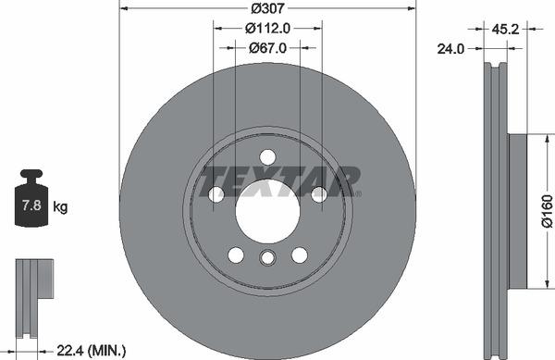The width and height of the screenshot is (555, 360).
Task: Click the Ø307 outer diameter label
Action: pyautogui.click(x=267, y=8)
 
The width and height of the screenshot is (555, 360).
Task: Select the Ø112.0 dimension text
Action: pyautogui.click(x=268, y=28)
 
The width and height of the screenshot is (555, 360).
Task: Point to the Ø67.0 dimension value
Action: pyautogui.click(x=268, y=48)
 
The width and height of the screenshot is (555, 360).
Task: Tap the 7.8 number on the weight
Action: pyautogui.click(x=31, y=206)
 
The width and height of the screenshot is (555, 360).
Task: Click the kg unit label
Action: pyautogui.click(x=60, y=206)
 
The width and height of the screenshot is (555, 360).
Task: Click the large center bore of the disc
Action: pyautogui.click(x=267, y=210)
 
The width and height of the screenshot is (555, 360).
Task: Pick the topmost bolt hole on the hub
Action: pyautogui.click(x=267, y=156)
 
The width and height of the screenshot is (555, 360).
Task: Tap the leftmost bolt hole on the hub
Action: pyautogui.click(x=216, y=194)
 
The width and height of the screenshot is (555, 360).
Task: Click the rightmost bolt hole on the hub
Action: pyautogui.click(x=319, y=194)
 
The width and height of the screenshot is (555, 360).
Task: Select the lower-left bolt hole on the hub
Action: pyautogui.click(x=236, y=254)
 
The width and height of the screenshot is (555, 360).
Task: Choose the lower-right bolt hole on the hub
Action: pyautogui.click(x=300, y=254)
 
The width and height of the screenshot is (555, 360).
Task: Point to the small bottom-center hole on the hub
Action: pyautogui.click(x=267, y=258)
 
